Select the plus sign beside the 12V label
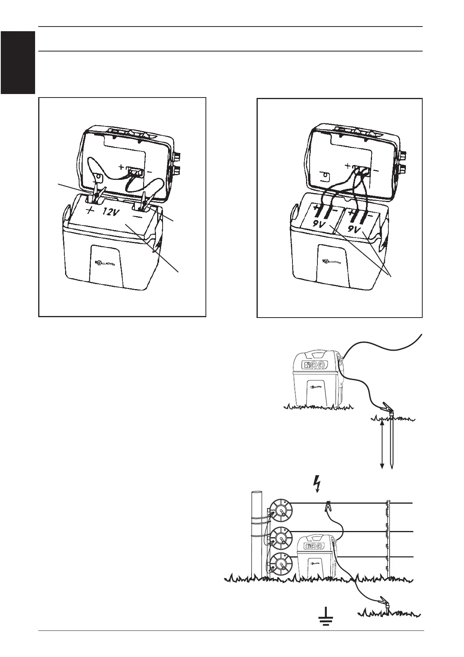coord(90,211)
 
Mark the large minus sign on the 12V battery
coord(137,215)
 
